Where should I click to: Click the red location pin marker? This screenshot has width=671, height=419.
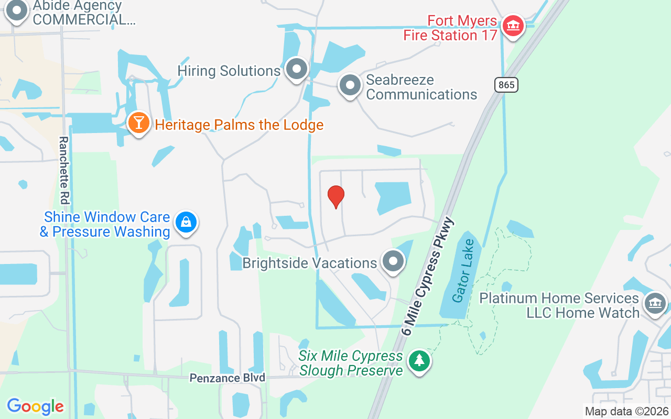335,197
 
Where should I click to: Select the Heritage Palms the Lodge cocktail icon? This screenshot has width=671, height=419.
138,123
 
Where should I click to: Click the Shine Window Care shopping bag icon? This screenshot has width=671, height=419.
186,223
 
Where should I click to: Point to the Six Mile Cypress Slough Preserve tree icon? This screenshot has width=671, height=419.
419,361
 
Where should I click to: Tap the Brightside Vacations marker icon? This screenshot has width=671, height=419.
393,261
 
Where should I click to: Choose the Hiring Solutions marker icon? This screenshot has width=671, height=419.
297,69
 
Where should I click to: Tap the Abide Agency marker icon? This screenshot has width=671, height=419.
17,10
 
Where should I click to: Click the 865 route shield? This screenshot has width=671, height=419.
506,84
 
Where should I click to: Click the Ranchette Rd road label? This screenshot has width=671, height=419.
64,170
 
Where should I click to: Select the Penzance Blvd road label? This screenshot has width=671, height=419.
228,378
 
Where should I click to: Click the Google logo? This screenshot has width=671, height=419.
35,406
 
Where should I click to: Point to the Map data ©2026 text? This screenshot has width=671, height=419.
626,411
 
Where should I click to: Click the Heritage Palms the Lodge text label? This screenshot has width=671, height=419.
239,125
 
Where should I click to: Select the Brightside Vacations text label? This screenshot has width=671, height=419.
310,263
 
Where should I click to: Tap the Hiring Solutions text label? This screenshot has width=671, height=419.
229,71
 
